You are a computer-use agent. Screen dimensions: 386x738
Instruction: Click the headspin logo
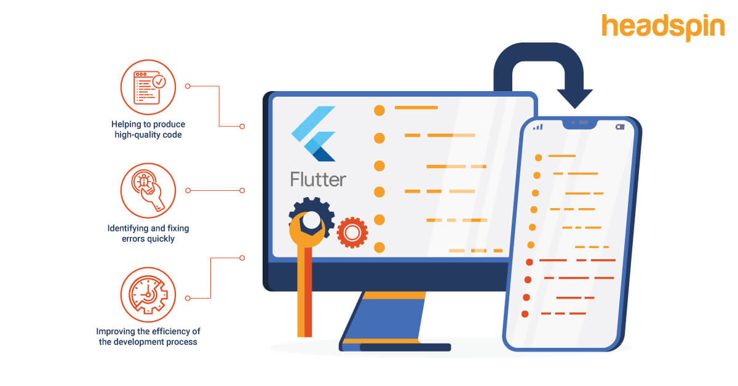663,27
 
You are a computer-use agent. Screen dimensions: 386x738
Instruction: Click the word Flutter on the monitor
318,179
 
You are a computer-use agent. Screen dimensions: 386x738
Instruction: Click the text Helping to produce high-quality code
148,129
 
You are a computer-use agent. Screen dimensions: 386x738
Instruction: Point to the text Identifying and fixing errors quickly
148,233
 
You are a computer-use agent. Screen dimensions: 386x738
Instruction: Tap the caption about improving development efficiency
148,336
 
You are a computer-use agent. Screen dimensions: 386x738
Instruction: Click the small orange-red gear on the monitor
352,232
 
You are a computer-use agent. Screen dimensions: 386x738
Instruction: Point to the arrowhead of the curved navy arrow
574,99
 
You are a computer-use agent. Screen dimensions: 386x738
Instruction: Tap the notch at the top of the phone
579,123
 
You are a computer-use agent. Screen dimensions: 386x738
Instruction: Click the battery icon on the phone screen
619,127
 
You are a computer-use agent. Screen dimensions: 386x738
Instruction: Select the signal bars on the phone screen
538,127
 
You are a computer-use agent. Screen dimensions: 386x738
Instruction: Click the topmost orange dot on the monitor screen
379,110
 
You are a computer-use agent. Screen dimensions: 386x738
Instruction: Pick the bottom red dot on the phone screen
525,314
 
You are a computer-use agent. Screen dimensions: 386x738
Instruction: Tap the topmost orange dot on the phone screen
539,158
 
